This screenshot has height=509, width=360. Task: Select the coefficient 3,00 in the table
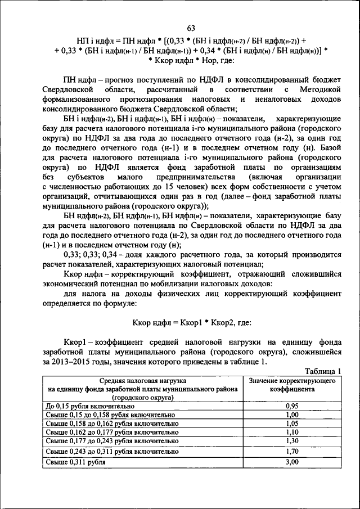(x=291, y=462)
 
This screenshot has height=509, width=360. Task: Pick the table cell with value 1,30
(x=291, y=442)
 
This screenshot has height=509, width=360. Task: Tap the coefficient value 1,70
(x=291, y=451)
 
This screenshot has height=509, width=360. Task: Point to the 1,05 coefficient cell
(x=291, y=424)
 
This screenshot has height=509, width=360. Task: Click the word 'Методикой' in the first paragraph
(x=321, y=89)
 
